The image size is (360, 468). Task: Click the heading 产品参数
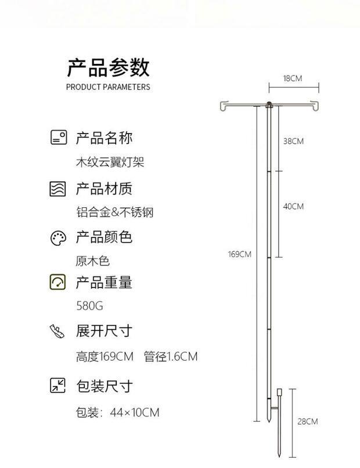108,67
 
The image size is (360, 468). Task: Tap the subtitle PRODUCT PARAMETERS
108,87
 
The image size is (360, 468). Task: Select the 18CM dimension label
293,78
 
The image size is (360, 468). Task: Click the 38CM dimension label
293,141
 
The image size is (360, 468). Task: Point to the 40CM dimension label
293,206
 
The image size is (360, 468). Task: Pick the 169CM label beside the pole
239,254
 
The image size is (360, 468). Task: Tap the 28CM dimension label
308,422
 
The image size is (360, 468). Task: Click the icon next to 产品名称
58,138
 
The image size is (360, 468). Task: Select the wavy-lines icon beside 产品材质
58,189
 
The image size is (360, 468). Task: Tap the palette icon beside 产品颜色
58,238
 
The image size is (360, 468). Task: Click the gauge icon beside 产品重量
58,282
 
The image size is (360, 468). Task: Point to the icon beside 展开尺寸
58,332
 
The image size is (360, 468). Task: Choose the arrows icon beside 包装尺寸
58,386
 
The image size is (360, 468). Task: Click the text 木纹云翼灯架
110,163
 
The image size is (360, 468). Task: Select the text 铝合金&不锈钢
114,212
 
